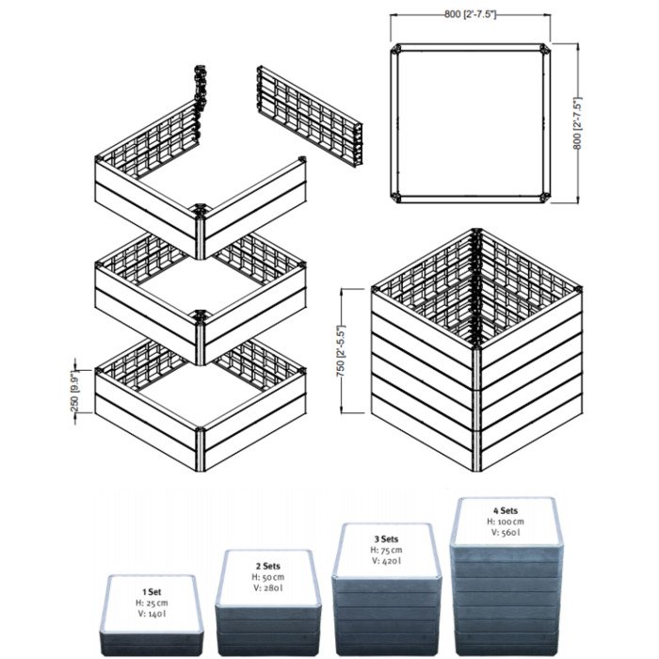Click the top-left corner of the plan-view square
[x=398, y=50]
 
